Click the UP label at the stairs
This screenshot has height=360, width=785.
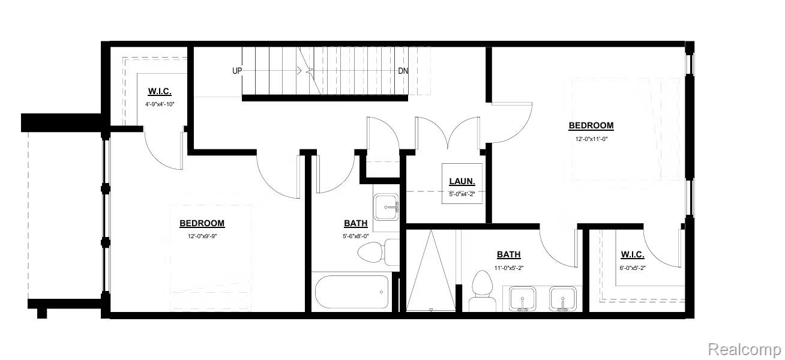(x=237, y=71)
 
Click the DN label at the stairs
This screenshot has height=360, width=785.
(x=403, y=71)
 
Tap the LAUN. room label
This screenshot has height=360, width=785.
(x=462, y=181)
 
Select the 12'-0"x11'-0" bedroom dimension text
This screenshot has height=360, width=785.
(x=591, y=139)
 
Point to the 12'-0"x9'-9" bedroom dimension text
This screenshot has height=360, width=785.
(x=202, y=236)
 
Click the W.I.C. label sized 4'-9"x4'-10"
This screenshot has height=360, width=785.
(x=160, y=91)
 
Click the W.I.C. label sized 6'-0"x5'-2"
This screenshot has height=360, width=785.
(x=633, y=254)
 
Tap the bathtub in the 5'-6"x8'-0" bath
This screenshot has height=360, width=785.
(x=352, y=292)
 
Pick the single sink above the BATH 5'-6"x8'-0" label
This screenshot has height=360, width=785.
(x=386, y=207)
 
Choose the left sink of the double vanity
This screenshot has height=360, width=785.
(x=522, y=299)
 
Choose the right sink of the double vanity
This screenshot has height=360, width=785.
(x=562, y=299)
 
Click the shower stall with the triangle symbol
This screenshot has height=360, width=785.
(x=431, y=271)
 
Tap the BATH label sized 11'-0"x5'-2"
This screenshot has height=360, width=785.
(x=508, y=254)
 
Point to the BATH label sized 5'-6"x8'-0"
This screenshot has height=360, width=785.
(x=356, y=223)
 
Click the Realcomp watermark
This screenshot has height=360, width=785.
(x=744, y=349)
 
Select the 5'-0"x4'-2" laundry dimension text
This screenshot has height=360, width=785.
(x=462, y=194)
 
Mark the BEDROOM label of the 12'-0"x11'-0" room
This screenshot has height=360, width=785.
(x=591, y=125)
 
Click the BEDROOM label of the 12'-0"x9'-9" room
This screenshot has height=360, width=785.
(x=202, y=223)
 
